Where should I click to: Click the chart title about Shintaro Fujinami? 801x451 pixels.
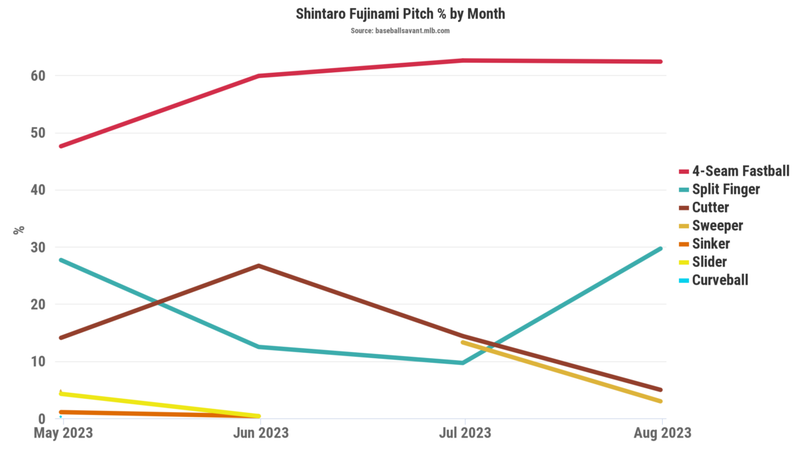click(x=400, y=14)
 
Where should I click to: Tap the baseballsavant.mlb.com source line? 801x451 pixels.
click(x=400, y=31)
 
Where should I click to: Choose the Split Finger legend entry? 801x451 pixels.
click(x=726, y=189)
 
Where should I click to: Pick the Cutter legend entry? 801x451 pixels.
click(x=710, y=207)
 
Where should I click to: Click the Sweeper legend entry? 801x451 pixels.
click(x=717, y=225)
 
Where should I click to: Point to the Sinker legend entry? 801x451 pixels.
click(x=711, y=243)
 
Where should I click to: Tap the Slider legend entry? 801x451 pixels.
click(x=709, y=261)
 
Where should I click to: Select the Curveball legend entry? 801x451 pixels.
click(x=720, y=279)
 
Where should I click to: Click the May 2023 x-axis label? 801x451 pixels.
click(x=63, y=433)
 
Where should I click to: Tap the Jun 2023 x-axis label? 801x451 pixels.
click(x=260, y=433)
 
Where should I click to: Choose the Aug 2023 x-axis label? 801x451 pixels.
click(x=661, y=433)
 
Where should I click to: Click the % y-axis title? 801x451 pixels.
click(x=19, y=229)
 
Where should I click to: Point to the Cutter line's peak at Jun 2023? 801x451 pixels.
click(x=258, y=266)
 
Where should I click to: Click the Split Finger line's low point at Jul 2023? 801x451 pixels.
click(x=462, y=363)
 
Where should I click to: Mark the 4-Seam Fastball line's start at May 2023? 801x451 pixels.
click(x=61, y=146)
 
